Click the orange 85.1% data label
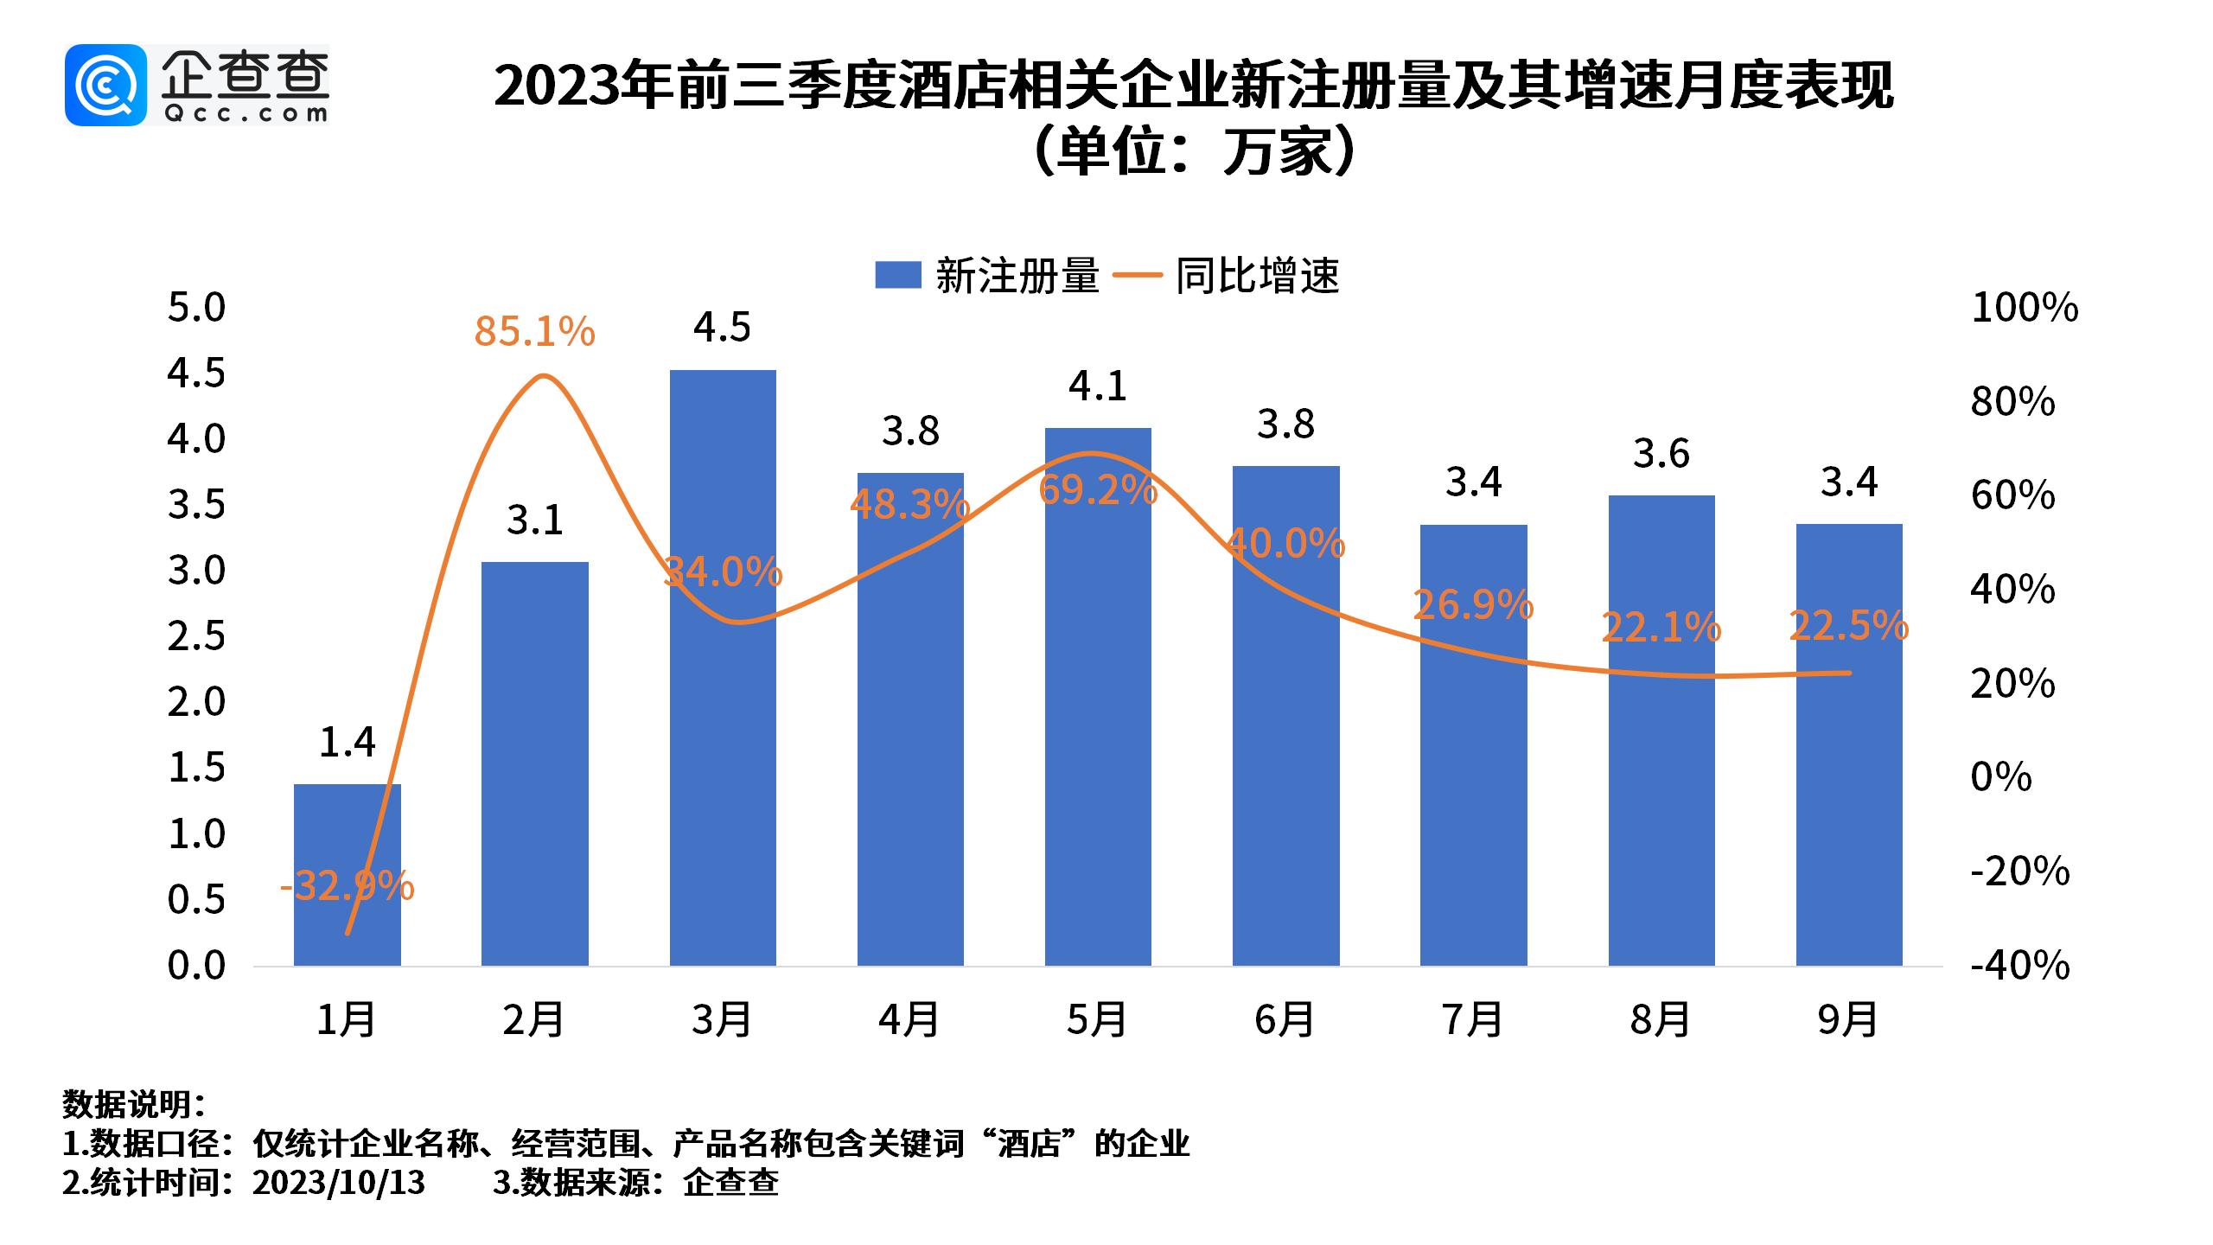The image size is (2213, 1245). (x=534, y=332)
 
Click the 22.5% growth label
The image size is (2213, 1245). (x=1849, y=626)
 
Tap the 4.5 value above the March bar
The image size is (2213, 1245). (x=723, y=328)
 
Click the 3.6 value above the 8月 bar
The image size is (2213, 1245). (x=1661, y=454)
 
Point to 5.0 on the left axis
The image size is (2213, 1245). (x=196, y=308)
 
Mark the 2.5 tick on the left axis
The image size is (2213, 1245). (x=196, y=636)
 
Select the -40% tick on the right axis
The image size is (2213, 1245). (x=2019, y=966)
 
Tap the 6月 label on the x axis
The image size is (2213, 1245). (x=1285, y=1021)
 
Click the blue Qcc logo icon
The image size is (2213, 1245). (x=105, y=85)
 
